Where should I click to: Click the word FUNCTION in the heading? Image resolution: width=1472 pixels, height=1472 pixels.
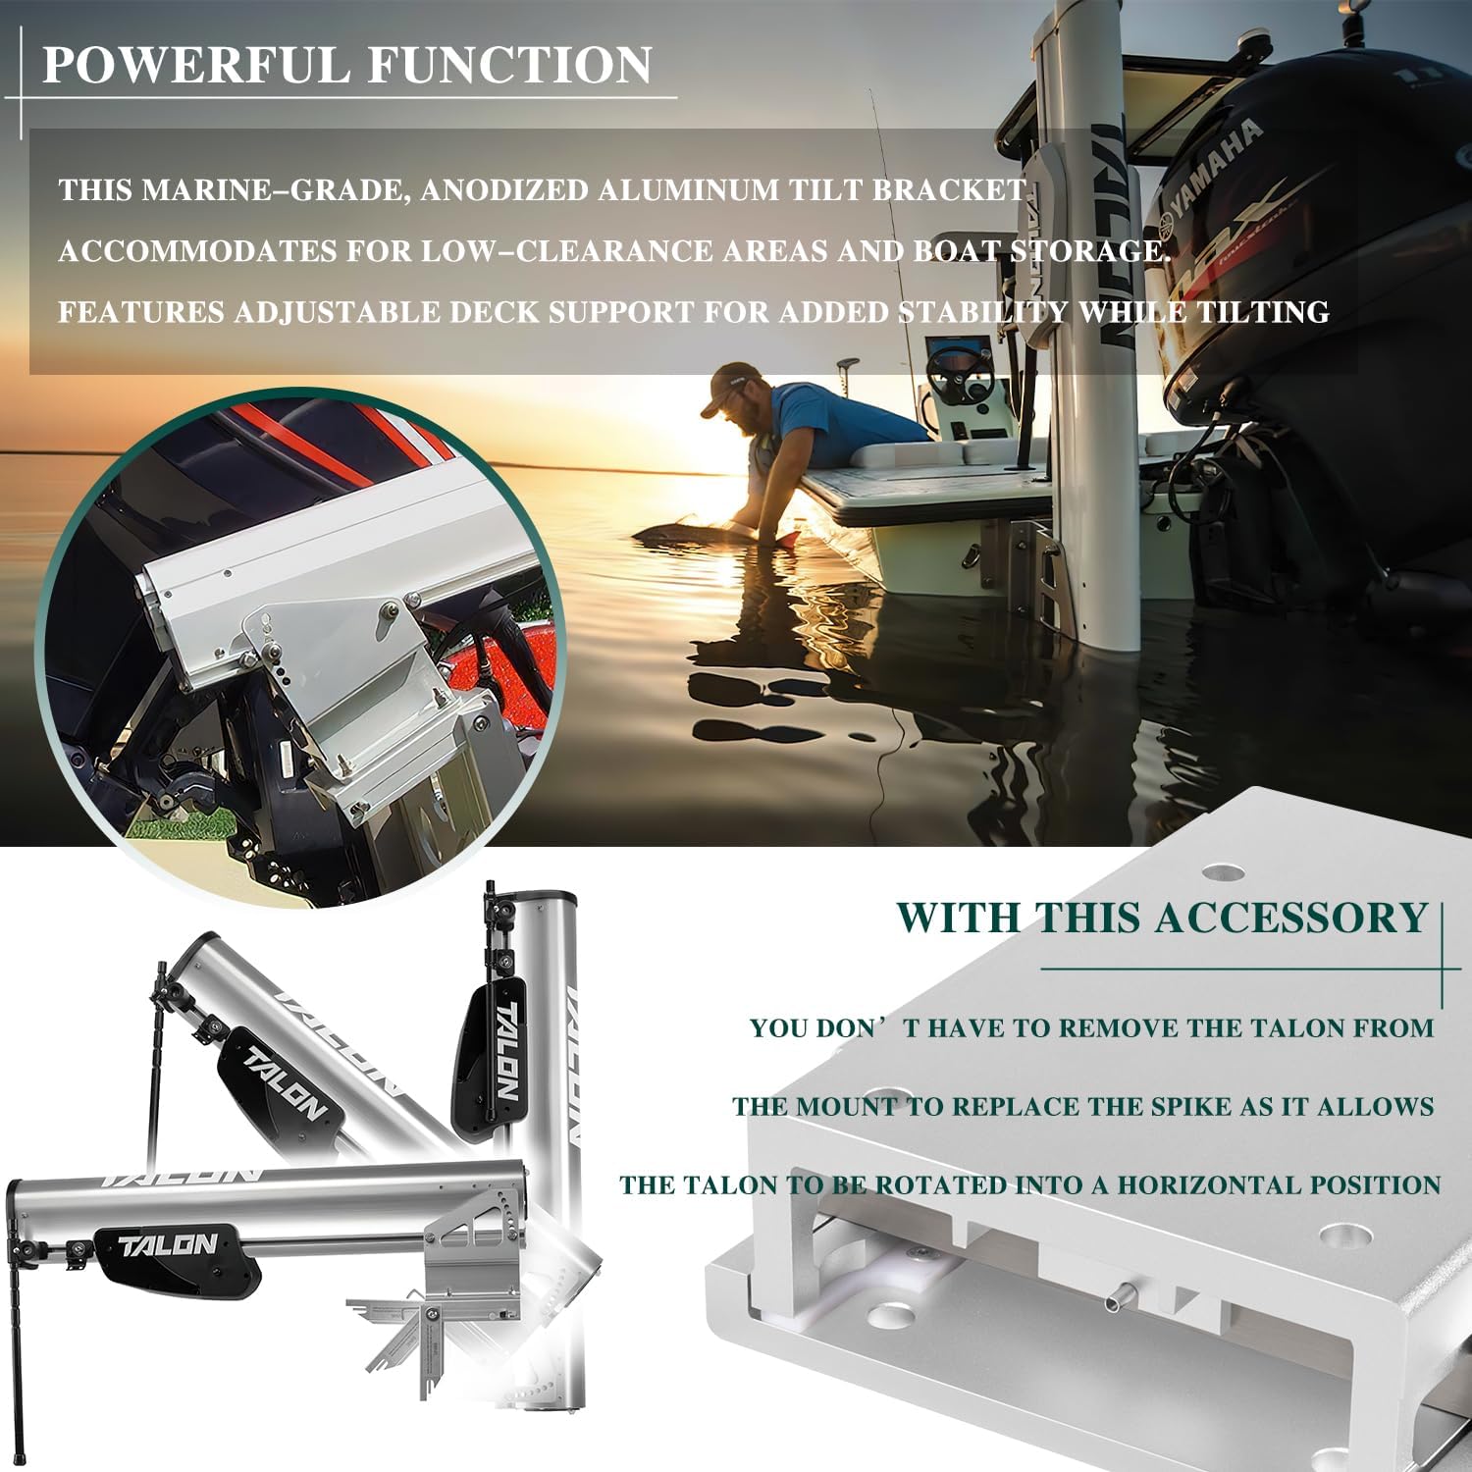tap(510, 66)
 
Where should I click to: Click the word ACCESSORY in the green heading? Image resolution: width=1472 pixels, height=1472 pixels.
tap(1289, 919)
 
